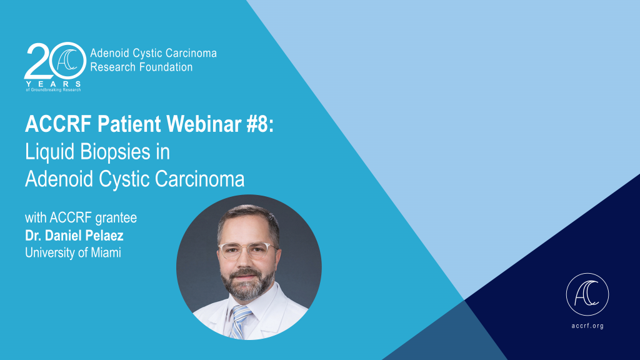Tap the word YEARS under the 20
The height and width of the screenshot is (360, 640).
coord(53,84)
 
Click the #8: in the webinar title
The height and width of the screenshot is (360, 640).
coord(260,124)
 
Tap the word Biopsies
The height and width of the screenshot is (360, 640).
coord(115,152)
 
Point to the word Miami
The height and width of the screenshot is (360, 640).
coord(106,252)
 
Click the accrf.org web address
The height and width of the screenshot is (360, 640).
coord(587,326)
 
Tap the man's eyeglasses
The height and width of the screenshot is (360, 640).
coord(247,250)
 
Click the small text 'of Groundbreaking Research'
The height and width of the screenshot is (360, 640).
coord(53,90)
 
